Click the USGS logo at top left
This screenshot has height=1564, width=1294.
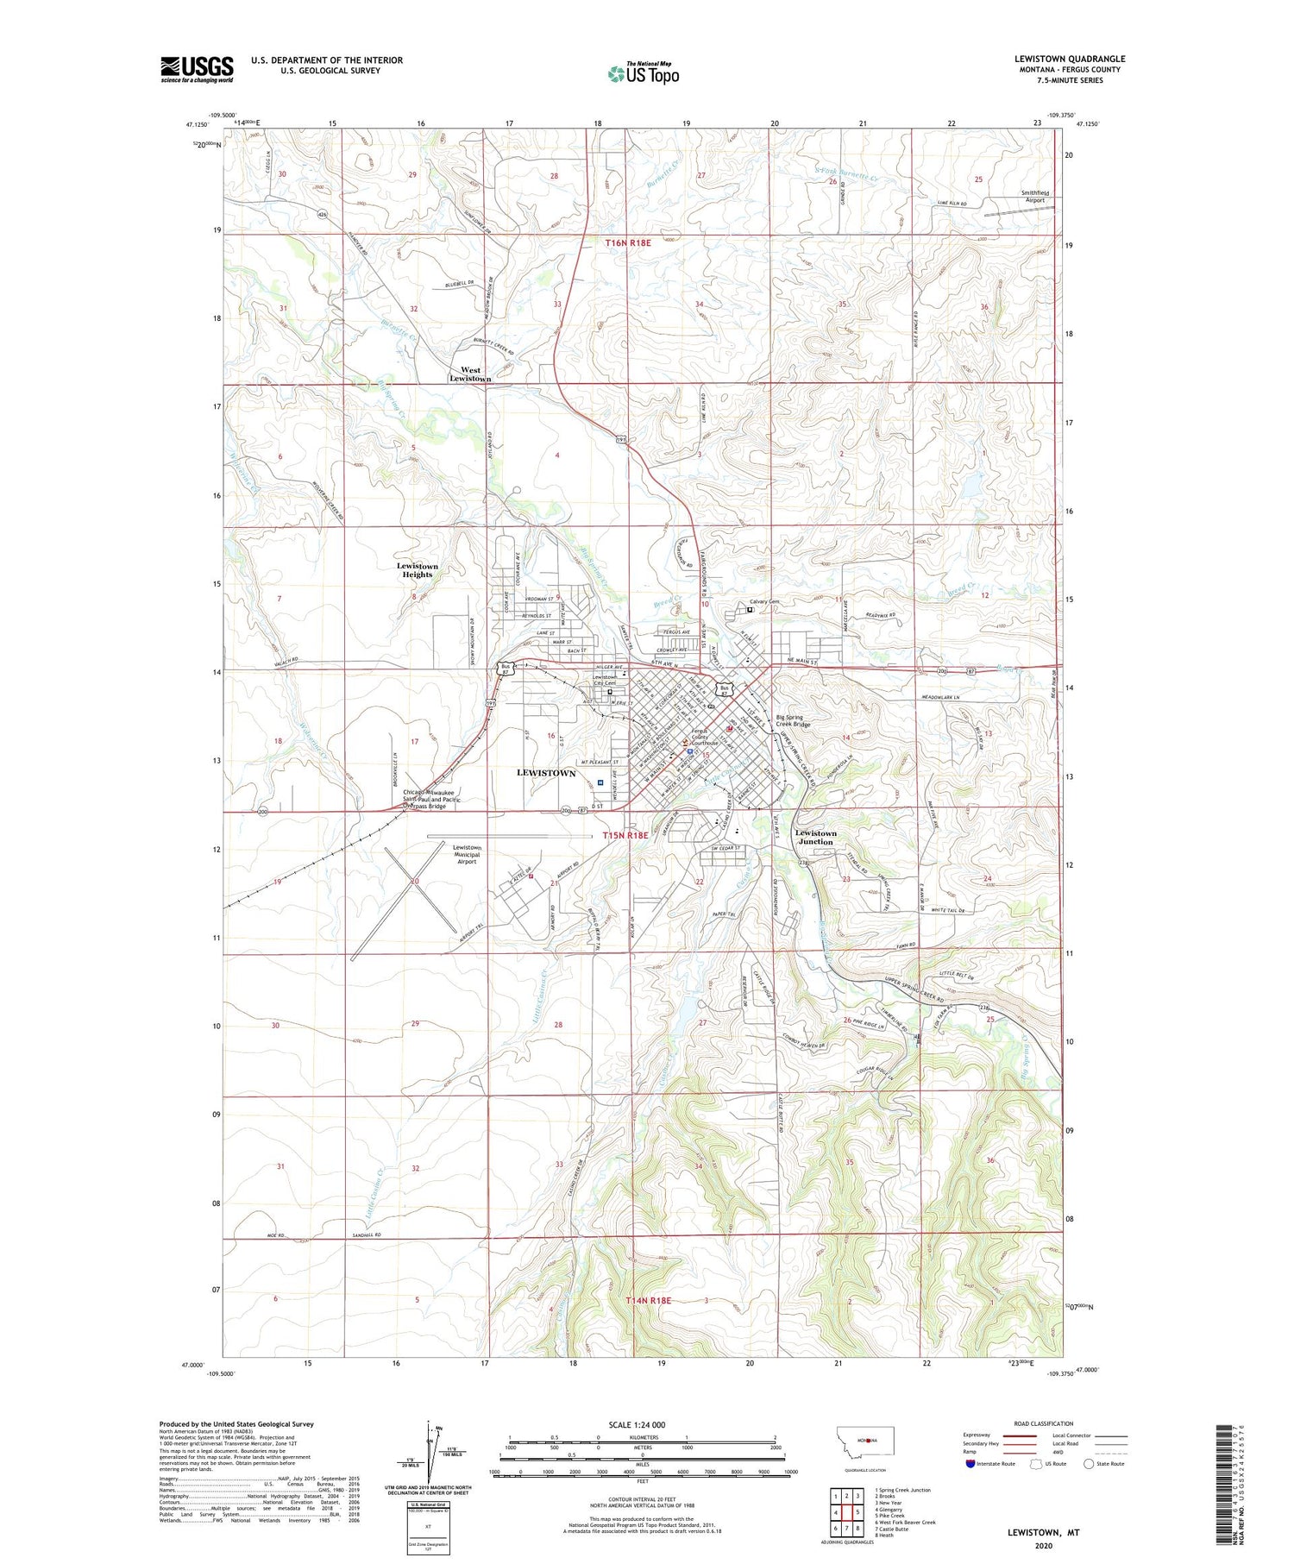tap(197, 69)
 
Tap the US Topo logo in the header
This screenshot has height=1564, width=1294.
tap(643, 74)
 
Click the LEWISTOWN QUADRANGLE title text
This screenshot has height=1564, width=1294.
tap(1069, 59)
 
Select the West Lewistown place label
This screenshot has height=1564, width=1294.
tap(470, 374)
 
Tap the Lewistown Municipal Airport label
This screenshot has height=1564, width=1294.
tap(467, 854)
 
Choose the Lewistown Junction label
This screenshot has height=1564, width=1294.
tap(815, 838)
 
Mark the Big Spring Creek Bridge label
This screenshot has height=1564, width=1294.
tap(793, 720)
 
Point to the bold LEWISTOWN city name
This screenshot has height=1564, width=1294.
tap(546, 773)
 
